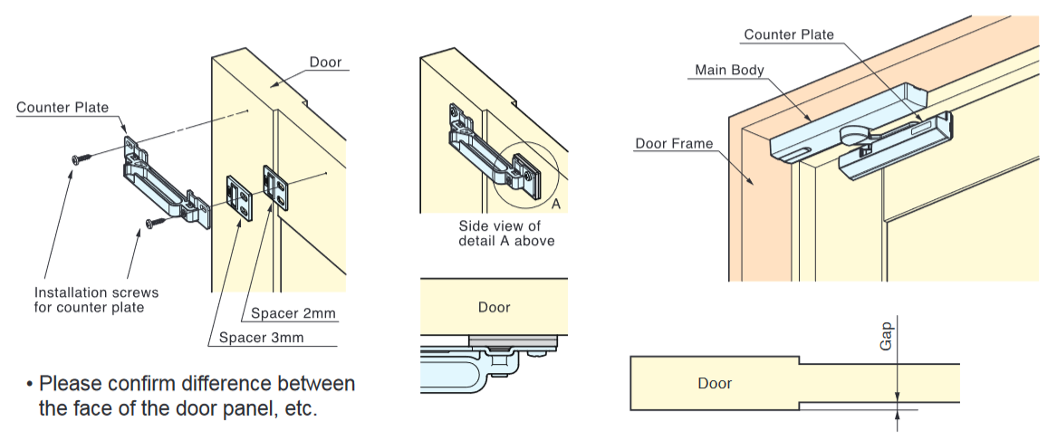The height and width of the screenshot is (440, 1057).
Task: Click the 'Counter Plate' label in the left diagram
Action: pos(62,108)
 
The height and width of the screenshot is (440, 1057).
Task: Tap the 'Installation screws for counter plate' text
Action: pos(96,300)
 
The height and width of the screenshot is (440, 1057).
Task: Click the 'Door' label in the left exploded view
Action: pos(325,62)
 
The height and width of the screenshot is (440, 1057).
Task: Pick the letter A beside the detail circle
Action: pos(556,205)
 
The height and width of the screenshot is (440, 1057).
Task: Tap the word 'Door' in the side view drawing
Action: pos(494,307)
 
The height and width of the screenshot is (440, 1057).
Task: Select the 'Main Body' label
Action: pos(729,70)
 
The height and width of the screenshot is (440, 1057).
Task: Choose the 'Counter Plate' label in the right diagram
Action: pos(788,34)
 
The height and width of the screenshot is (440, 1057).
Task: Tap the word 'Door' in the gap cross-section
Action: pos(714,383)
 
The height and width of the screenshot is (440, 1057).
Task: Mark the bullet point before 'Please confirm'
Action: pos(29,384)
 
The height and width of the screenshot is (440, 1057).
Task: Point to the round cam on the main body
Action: pos(857,135)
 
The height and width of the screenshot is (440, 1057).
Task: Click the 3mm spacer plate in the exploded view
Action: pos(240,197)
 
